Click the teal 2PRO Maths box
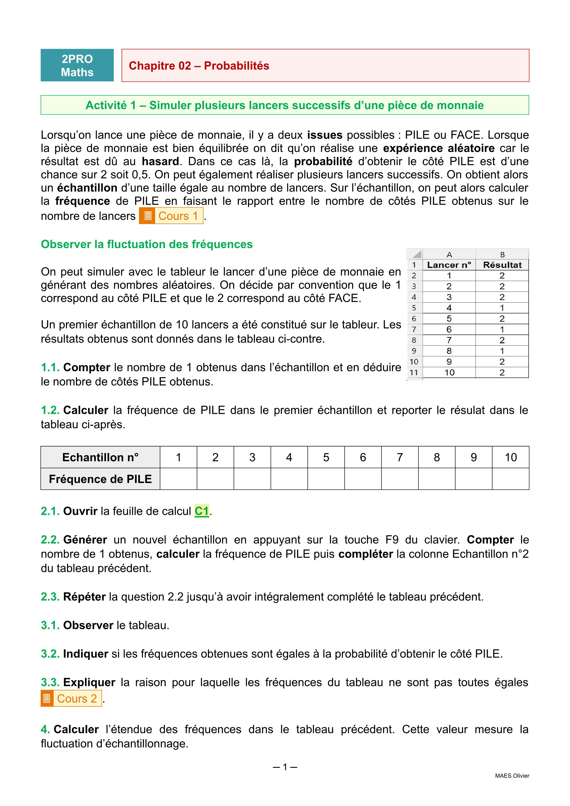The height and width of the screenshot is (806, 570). point(77,65)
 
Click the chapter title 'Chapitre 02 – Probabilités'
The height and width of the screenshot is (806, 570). point(199,66)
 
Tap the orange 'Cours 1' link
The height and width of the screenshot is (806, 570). point(171,216)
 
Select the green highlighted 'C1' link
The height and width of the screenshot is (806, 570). point(202,511)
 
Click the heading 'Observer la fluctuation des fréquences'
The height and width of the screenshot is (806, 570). point(147,244)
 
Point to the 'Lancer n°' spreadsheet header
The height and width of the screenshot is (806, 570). point(449,265)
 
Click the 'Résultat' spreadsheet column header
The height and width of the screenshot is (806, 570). point(502,265)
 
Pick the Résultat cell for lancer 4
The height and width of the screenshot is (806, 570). point(502,308)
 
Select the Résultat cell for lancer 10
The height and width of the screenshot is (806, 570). point(502,372)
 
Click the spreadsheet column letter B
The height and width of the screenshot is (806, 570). point(502,255)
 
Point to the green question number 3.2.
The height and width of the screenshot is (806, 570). point(50,654)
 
